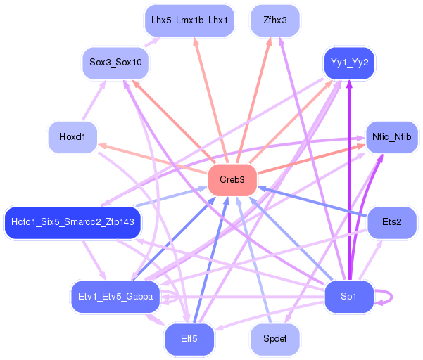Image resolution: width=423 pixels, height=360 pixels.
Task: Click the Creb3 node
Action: click(232, 180)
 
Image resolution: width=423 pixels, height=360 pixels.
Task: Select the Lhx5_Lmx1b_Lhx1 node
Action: click(188, 20)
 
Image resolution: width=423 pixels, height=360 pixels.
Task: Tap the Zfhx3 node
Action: click(275, 20)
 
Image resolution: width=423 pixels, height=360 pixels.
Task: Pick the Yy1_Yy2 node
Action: click(349, 63)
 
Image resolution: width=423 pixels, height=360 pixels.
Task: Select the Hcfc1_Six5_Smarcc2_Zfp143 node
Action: click(72, 223)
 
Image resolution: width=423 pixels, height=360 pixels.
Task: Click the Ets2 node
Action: click(391, 223)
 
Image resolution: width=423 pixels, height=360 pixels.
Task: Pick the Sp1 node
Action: click(348, 296)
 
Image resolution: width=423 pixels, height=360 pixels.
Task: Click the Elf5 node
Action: click(188, 339)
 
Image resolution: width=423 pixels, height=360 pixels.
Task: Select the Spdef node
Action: click(275, 339)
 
